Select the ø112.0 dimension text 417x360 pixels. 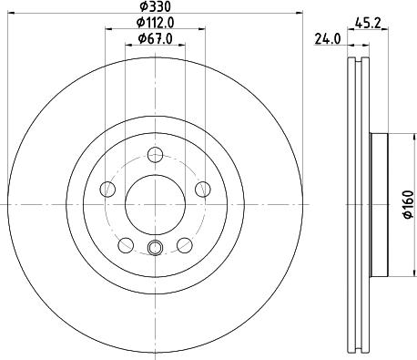pos(155,22)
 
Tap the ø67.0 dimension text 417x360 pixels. pos(155,37)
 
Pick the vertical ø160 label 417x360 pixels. pos(406,206)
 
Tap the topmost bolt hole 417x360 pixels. pos(154,154)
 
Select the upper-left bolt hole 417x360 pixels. pos(107,190)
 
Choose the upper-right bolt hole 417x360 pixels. pos(202,190)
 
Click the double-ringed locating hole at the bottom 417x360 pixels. pos(154,250)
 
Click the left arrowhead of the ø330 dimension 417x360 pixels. pos(11,13)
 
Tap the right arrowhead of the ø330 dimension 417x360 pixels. pos(298,13)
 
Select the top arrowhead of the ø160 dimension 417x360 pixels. pos(393,139)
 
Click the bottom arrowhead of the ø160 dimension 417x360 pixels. pos(393,275)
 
